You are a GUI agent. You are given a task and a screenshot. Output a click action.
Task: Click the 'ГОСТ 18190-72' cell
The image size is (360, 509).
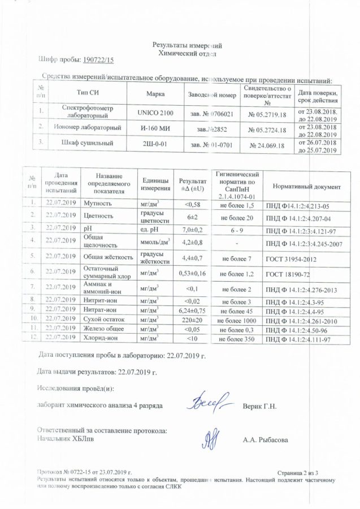[285, 274]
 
